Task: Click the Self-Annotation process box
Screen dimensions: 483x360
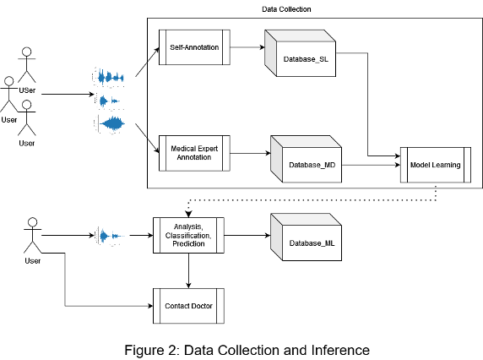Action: pyautogui.click(x=194, y=47)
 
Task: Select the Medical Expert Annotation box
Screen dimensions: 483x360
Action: pyautogui.click(x=194, y=153)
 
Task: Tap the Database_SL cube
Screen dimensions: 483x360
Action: pyautogui.click(x=301, y=53)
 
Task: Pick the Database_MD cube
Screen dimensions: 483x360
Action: pyautogui.click(x=307, y=159)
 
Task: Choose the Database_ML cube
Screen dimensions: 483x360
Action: pyautogui.click(x=307, y=237)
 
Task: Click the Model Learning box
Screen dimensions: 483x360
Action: pyautogui.click(x=436, y=165)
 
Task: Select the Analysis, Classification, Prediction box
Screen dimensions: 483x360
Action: pyautogui.click(x=188, y=236)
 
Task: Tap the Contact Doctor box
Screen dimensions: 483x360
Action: pyautogui.click(x=188, y=306)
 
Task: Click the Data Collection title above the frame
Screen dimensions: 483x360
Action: pyautogui.click(x=286, y=9)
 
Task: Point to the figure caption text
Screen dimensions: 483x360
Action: pyautogui.click(x=247, y=351)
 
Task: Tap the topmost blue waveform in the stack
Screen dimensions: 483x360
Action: pyautogui.click(x=109, y=77)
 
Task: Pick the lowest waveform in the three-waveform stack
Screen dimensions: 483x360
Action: pyautogui.click(x=110, y=124)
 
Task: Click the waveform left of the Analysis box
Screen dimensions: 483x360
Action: pyautogui.click(x=110, y=236)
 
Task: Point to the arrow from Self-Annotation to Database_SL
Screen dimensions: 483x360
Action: pyautogui.click(x=247, y=47)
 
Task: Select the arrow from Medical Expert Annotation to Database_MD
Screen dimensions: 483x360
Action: pyautogui.click(x=250, y=153)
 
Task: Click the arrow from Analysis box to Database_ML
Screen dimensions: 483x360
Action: pyautogui.click(x=247, y=236)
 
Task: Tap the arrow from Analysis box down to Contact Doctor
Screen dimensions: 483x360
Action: pyautogui.click(x=188, y=271)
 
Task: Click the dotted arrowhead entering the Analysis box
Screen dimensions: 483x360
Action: pyautogui.click(x=188, y=214)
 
